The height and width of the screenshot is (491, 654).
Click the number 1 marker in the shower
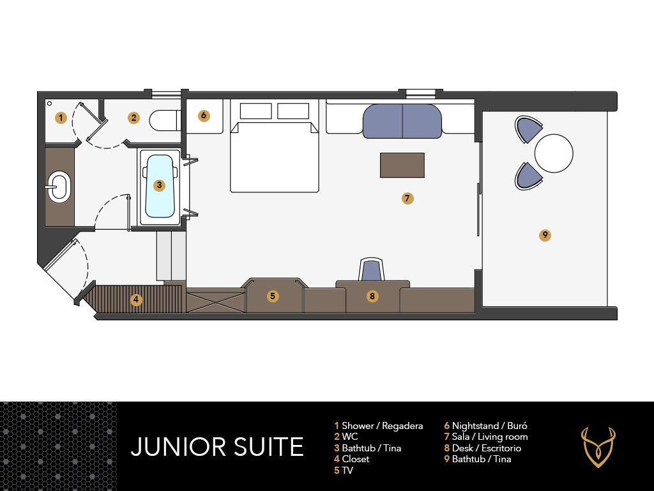(x=61, y=118)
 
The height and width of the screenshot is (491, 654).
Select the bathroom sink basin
(x=58, y=187)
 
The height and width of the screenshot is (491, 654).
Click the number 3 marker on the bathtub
(x=159, y=185)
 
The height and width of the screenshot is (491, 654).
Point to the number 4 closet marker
(x=136, y=299)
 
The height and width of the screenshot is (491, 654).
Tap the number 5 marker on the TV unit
(x=272, y=296)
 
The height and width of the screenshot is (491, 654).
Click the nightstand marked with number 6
(x=204, y=116)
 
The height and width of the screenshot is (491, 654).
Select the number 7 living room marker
(x=407, y=198)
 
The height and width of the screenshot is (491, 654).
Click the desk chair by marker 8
(x=371, y=269)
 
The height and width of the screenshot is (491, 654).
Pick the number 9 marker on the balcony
(x=545, y=235)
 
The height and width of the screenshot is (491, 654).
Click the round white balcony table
(x=554, y=153)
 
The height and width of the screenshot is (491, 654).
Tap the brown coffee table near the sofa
(x=402, y=166)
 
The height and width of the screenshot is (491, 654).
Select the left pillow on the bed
(x=255, y=111)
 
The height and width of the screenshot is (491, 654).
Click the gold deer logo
(x=598, y=447)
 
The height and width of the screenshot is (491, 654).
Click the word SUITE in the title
(x=268, y=447)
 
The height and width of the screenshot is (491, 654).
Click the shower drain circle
(x=50, y=103)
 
